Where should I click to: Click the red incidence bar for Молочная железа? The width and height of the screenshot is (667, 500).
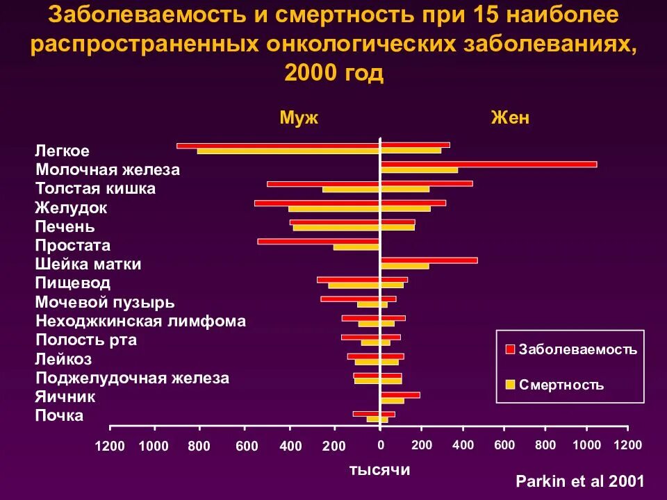pyautogui.click(x=488, y=164)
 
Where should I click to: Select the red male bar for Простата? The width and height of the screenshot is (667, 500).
pyautogui.click(x=318, y=241)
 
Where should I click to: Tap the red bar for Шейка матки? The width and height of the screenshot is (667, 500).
pyautogui.click(x=429, y=260)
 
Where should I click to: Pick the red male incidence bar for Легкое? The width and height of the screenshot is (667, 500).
pyautogui.click(x=278, y=145)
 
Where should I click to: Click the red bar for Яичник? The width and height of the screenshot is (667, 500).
pyautogui.click(x=400, y=394)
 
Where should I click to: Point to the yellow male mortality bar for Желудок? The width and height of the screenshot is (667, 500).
pyautogui.click(x=333, y=208)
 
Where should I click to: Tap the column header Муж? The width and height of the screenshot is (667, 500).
pyautogui.click(x=299, y=118)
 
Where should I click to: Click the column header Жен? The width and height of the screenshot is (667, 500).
pyautogui.click(x=510, y=118)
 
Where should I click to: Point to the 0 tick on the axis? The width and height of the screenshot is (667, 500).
pyautogui.click(x=380, y=444)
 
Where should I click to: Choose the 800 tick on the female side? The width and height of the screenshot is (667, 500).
pyautogui.click(x=545, y=444)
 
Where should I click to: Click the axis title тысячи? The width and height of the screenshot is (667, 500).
pyautogui.click(x=379, y=470)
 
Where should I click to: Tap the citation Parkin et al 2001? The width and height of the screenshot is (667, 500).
pyautogui.click(x=580, y=481)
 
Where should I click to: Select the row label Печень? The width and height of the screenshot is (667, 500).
pyautogui.click(x=65, y=226)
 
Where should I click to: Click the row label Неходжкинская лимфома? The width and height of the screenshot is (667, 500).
pyautogui.click(x=140, y=321)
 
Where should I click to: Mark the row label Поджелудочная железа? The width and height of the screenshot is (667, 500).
pyautogui.click(x=132, y=378)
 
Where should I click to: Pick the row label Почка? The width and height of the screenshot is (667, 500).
pyautogui.click(x=59, y=415)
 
